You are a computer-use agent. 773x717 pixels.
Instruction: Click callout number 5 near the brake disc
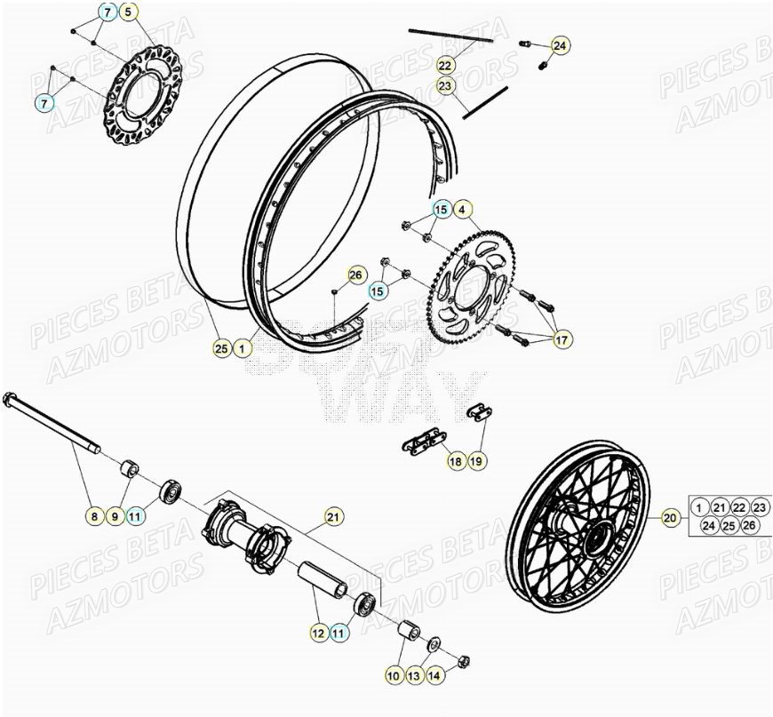coord(129,12)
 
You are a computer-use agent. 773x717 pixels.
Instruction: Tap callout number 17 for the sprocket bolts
coord(562,339)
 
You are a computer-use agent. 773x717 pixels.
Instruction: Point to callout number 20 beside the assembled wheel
coord(671,516)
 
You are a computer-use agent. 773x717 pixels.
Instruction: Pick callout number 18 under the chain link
coord(455,461)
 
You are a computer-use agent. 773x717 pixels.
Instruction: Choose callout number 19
coord(476,461)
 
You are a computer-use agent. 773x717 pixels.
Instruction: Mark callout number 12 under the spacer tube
coord(318,633)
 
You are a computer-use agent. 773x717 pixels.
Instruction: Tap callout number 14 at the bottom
coord(433,676)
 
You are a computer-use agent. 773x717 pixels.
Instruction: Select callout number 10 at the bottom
coord(392,676)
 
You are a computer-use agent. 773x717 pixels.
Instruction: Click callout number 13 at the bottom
coord(412,676)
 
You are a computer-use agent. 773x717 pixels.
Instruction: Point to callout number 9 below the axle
coord(115,515)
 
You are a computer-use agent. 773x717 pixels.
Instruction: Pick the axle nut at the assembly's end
coord(463,661)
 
